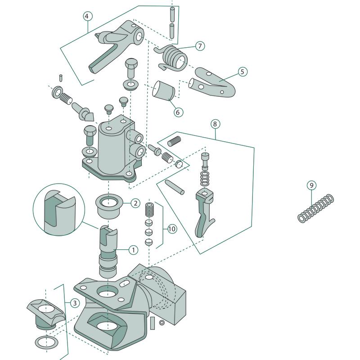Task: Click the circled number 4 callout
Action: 88,16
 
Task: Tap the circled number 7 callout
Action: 200,46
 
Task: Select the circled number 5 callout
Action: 243,72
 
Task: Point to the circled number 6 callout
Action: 179,112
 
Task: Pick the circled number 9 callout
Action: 311,185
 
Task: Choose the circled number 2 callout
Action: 136,203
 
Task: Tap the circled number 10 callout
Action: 171,229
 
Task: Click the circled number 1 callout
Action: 133,249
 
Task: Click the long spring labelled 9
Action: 316,208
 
